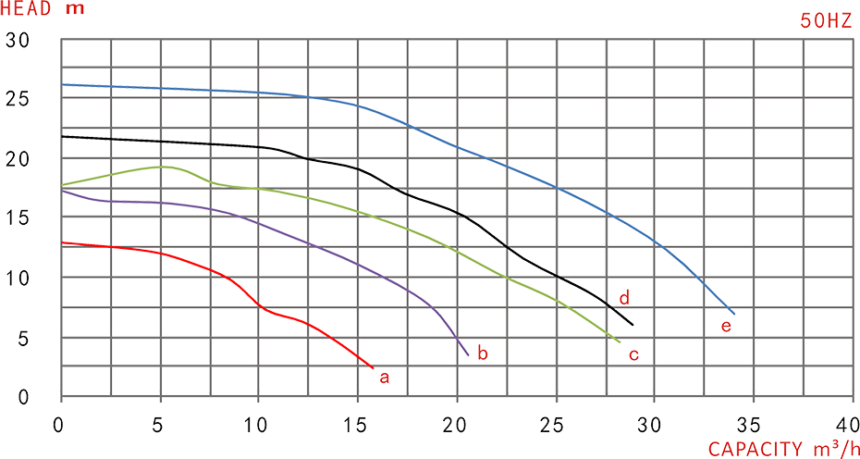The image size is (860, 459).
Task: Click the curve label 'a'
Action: [x=387, y=376]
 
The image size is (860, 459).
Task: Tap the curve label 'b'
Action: [x=480, y=353]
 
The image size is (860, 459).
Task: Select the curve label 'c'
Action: [x=633, y=354]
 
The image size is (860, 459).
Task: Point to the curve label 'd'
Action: [x=624, y=298]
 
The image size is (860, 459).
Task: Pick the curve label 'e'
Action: [x=727, y=326]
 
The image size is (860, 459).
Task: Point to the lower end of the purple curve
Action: [x=464, y=354]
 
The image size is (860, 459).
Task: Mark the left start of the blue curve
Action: [x=63, y=84]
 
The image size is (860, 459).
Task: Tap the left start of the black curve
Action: [x=63, y=136]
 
